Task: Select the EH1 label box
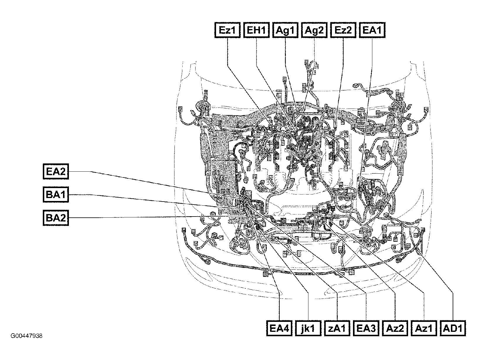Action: point(256,30)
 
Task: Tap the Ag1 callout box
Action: point(285,30)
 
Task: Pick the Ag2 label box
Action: point(314,30)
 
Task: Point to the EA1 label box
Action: point(372,30)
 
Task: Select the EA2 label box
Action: point(56,172)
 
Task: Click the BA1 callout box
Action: point(56,195)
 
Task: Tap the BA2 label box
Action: point(56,218)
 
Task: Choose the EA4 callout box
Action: point(279,328)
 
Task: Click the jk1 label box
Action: point(308,328)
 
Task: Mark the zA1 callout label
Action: point(337,328)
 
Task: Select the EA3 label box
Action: point(366,328)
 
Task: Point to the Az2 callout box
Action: point(395,328)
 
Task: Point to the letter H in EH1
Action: point(257,31)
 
